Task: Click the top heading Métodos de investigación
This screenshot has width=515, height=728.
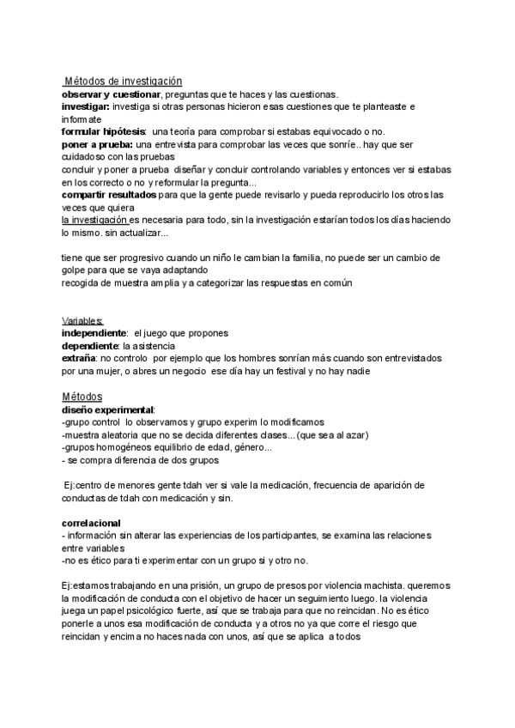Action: pyautogui.click(x=123, y=80)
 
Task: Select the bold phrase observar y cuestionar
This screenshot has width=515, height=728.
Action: pyautogui.click(x=111, y=94)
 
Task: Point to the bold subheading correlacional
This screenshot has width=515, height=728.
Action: pyautogui.click(x=91, y=523)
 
